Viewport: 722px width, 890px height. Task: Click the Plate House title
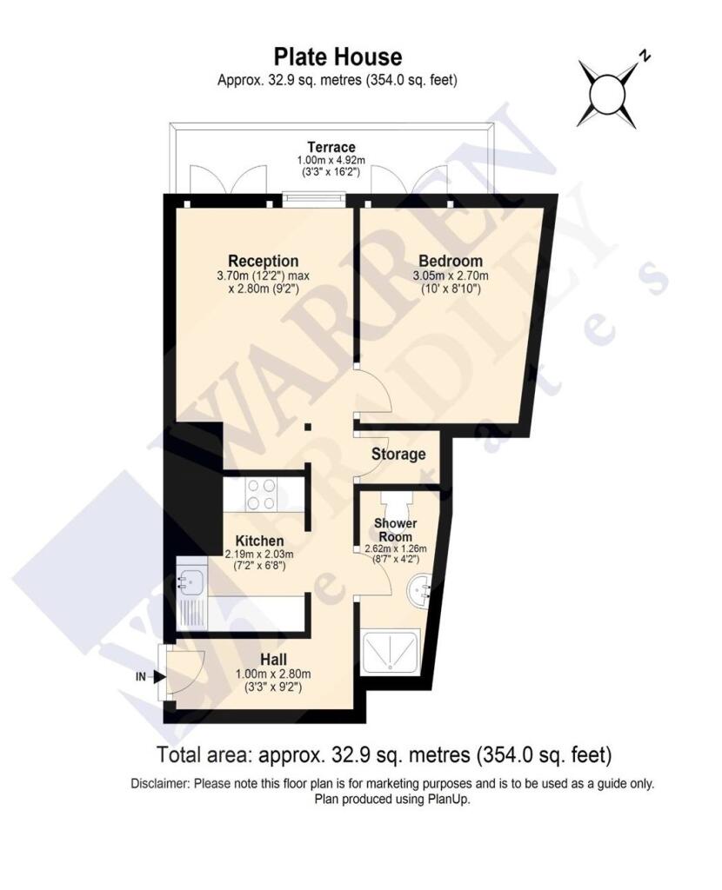tap(338, 57)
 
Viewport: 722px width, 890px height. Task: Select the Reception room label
tap(263, 261)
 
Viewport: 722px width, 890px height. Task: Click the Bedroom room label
tap(450, 261)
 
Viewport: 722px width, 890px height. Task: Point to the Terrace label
tap(331, 147)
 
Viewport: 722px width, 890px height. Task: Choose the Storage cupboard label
tap(398, 454)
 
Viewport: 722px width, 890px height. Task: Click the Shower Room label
tap(396, 530)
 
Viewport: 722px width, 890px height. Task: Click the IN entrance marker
tap(141, 675)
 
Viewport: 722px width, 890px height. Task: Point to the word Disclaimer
tap(160, 783)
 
